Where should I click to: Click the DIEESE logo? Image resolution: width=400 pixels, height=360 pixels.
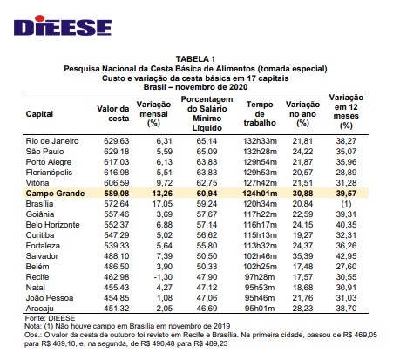[58, 27]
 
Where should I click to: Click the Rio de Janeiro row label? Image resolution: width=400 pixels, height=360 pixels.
[53, 139]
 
